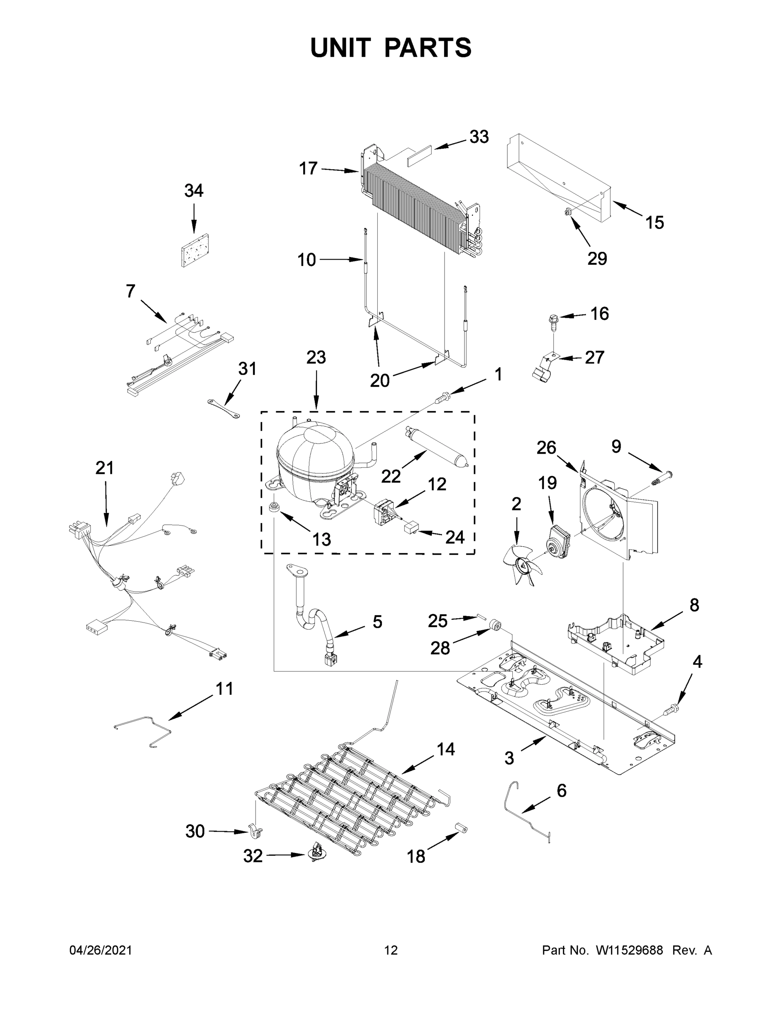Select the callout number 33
click(x=479, y=137)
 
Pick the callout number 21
click(x=104, y=468)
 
